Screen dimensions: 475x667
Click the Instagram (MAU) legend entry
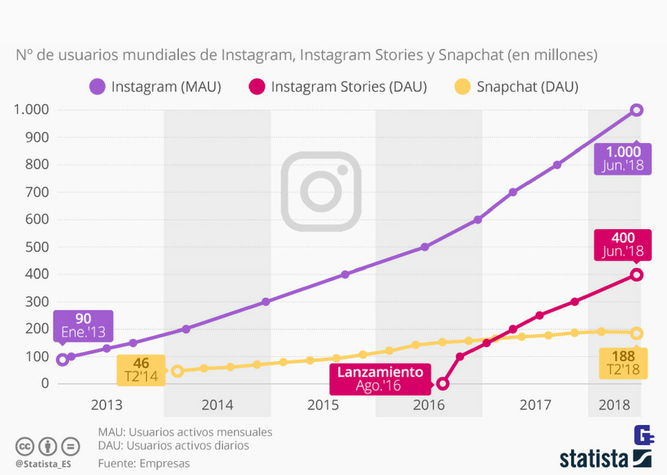tap(156, 87)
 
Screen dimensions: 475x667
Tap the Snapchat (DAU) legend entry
tap(516, 87)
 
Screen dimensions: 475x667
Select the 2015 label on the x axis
tap(323, 405)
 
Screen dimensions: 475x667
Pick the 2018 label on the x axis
tap(614, 405)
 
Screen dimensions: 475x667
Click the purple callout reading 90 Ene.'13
tap(83, 325)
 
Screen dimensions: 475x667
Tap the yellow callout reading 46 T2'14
tap(140, 369)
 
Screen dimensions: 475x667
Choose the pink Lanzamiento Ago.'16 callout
tap(380, 378)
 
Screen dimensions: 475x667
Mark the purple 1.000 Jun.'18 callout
tap(623, 158)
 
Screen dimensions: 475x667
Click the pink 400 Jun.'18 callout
tap(623, 244)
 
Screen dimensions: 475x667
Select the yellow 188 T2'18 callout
tap(623, 363)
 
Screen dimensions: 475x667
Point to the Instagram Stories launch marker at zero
tap(443, 383)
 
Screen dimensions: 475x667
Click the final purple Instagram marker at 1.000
tap(636, 110)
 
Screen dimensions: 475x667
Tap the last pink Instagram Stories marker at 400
tap(636, 274)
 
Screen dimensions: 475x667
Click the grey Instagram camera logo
tap(321, 191)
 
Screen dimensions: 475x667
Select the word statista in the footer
tap(594, 458)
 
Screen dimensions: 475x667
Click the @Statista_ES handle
tap(44, 462)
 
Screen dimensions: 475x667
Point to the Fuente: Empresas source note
tap(144, 463)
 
